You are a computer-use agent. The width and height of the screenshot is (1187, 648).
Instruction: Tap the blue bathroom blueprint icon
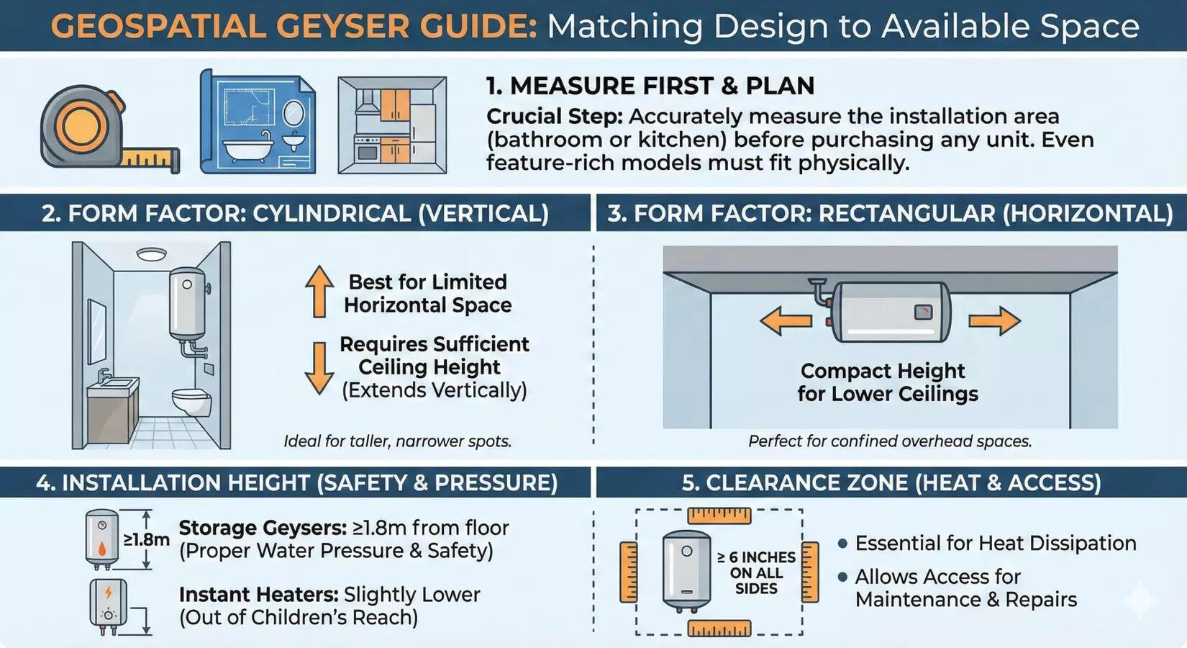click(258, 122)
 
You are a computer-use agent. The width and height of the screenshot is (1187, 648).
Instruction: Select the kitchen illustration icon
click(392, 125)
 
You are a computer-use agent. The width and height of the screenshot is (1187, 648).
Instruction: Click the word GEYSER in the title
click(342, 27)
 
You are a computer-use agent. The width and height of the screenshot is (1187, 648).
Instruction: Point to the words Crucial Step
click(554, 117)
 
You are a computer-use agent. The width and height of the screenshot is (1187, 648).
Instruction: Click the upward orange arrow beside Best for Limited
click(319, 291)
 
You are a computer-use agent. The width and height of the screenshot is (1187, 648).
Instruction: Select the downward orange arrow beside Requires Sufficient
click(319, 368)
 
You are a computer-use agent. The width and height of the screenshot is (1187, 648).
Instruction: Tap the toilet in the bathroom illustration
click(191, 402)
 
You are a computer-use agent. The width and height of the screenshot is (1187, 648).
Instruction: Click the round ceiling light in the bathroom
click(151, 254)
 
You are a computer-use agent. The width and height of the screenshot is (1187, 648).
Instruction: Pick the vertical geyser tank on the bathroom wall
click(187, 302)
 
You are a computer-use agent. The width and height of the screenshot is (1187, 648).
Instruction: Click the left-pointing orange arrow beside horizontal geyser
click(785, 320)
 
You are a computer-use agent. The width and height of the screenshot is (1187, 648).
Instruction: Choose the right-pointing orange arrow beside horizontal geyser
click(994, 320)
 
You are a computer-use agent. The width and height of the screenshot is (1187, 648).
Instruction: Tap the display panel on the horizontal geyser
click(923, 312)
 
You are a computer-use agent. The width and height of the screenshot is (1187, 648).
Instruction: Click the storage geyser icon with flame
click(101, 539)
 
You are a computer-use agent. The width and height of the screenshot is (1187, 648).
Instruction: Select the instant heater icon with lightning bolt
click(108, 603)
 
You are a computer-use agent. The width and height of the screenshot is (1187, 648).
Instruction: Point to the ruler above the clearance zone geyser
click(719, 516)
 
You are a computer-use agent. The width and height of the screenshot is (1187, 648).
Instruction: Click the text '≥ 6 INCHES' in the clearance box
click(756, 557)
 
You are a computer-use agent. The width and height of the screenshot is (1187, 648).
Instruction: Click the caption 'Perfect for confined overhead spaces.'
click(890, 441)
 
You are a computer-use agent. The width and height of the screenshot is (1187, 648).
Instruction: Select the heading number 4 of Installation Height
click(45, 483)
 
